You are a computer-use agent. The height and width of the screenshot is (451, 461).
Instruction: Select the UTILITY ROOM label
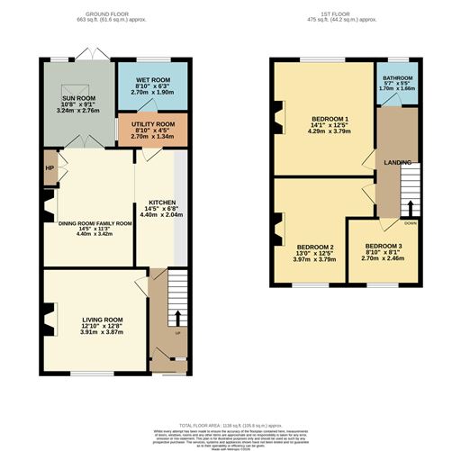[x=152, y=125]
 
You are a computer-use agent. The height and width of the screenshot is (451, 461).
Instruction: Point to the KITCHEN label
[x=162, y=203]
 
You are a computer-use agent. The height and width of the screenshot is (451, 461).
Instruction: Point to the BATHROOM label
[x=396, y=78]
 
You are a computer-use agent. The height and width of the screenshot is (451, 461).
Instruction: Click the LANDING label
[x=397, y=162]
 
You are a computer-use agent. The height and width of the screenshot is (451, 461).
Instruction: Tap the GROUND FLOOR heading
[x=106, y=15]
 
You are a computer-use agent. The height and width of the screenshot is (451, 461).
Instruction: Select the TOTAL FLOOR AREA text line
[x=230, y=424]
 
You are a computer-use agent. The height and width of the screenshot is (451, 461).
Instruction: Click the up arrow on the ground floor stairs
[x=176, y=318]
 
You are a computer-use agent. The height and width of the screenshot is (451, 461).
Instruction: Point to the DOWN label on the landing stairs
[x=411, y=222]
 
